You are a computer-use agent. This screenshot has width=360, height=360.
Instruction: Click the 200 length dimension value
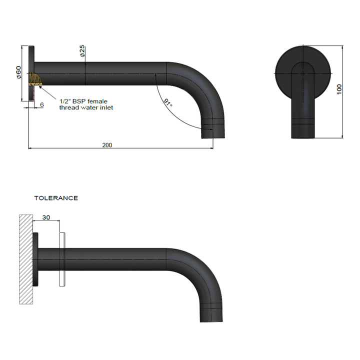click(107, 145)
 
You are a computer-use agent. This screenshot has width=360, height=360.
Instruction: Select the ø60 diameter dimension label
click(18, 73)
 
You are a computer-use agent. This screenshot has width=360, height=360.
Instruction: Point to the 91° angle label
click(168, 103)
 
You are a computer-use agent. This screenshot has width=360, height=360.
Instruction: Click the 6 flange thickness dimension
click(41, 105)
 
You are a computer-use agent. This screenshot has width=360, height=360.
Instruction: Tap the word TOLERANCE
click(56, 198)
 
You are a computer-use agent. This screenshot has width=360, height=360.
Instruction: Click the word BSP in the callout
click(79, 101)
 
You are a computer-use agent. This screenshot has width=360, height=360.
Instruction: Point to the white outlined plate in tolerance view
click(62, 259)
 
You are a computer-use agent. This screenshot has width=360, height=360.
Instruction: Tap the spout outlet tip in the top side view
click(208, 131)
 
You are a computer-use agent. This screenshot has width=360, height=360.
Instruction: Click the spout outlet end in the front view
click(303, 131)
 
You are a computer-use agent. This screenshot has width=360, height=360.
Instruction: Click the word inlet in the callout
click(105, 107)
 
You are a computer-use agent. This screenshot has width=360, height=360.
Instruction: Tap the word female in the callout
click(97, 101)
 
